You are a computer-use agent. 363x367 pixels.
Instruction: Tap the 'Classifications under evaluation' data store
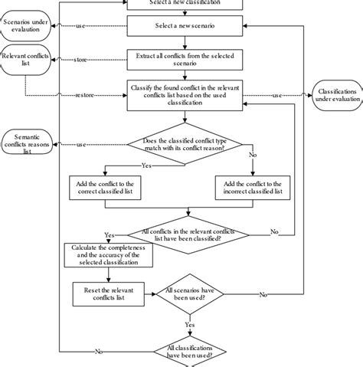click(335, 97)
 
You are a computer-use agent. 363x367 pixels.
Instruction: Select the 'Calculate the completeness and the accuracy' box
click(104, 256)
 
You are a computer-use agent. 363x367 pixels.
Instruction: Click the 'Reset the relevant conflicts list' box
click(104, 293)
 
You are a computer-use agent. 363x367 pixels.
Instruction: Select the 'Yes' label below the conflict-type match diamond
click(145, 165)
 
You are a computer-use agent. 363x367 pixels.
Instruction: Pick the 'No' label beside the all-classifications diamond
click(99, 352)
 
